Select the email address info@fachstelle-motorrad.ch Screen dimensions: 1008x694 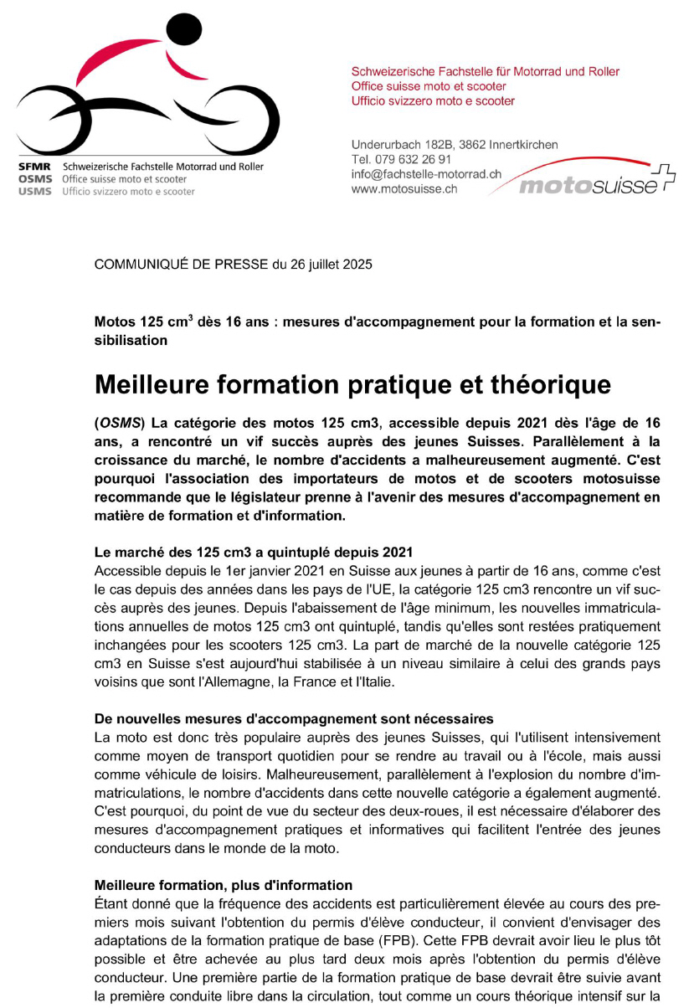pyautogui.click(x=426, y=174)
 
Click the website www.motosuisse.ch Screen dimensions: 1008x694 pyautogui.click(x=404, y=189)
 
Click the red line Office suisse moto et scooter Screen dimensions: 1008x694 pyautogui.click(x=428, y=86)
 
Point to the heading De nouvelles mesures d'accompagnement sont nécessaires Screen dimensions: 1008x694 pyautogui.click(x=294, y=719)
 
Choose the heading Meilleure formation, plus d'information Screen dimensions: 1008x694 pyautogui.click(x=224, y=885)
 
